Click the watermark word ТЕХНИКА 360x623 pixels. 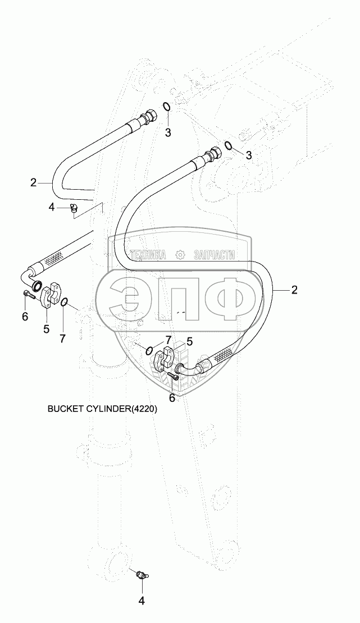(x=148, y=255)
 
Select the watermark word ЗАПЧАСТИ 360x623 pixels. (x=213, y=255)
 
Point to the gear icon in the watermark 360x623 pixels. (x=180, y=255)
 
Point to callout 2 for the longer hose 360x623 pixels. (x=294, y=290)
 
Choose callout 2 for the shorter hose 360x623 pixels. (x=34, y=182)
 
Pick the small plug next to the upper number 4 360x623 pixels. (x=73, y=208)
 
